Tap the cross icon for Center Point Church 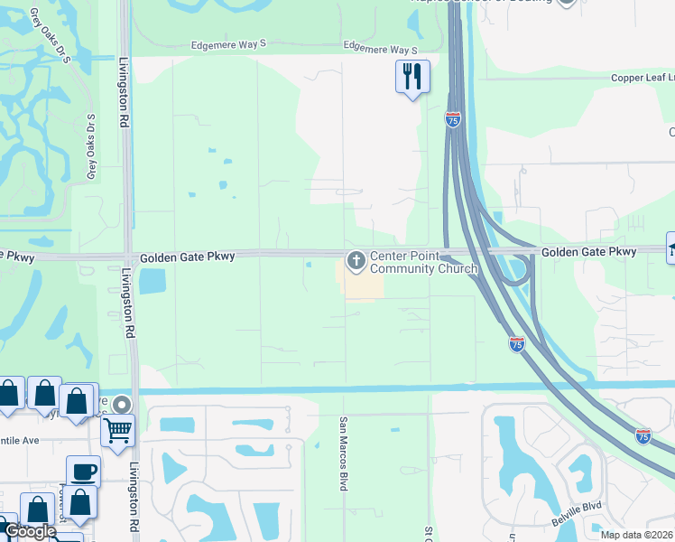pyautogui.click(x=356, y=262)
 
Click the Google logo pyautogui.click(x=30, y=531)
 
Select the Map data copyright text pyautogui.click(x=637, y=535)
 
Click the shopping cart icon pyautogui.click(x=117, y=430)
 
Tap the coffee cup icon pyautogui.click(x=83, y=471)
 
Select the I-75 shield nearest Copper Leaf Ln pyautogui.click(x=452, y=119)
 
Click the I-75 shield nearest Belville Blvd pyautogui.click(x=643, y=435)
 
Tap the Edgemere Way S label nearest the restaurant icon pyautogui.click(x=381, y=51)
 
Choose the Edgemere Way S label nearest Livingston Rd pyautogui.click(x=229, y=44)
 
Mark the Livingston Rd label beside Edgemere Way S pyautogui.click(x=124, y=87)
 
